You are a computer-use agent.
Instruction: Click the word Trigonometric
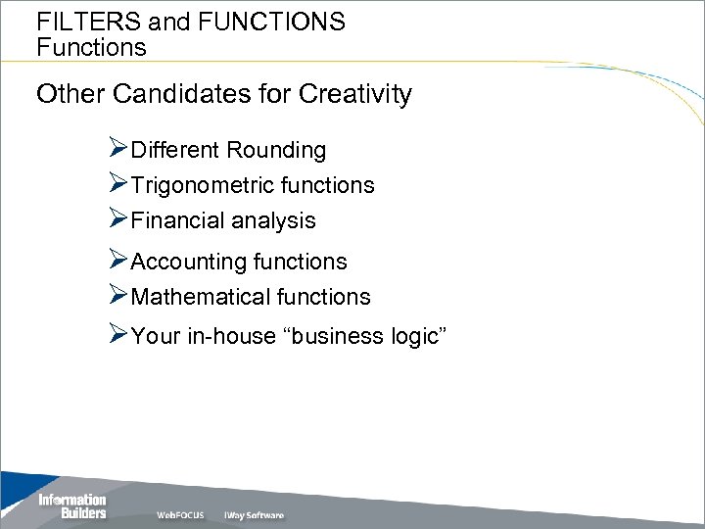tap(188, 185)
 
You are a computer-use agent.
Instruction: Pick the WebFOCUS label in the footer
tap(180, 515)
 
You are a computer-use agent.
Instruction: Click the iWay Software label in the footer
tap(254, 515)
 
